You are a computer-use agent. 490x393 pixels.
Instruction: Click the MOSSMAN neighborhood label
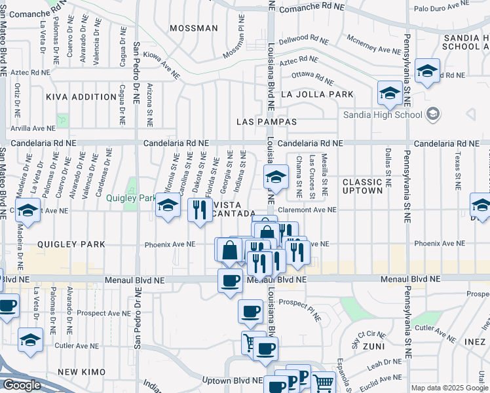pyautogui.click(x=193, y=28)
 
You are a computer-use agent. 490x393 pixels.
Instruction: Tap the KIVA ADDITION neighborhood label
pyautogui.click(x=81, y=97)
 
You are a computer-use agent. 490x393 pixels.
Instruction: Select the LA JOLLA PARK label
pyautogui.click(x=317, y=94)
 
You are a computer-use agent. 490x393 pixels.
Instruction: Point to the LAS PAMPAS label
pyautogui.click(x=267, y=122)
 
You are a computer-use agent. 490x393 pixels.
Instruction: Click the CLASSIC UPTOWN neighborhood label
pyautogui.click(x=362, y=186)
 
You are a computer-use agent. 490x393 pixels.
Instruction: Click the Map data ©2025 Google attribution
pyautogui.click(x=449, y=388)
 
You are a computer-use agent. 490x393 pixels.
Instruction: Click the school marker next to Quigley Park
pyautogui.click(x=168, y=207)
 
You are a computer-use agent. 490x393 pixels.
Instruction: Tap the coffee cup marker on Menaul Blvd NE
pyautogui.click(x=230, y=281)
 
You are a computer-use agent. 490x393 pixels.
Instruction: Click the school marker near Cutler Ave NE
pyautogui.click(x=30, y=340)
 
